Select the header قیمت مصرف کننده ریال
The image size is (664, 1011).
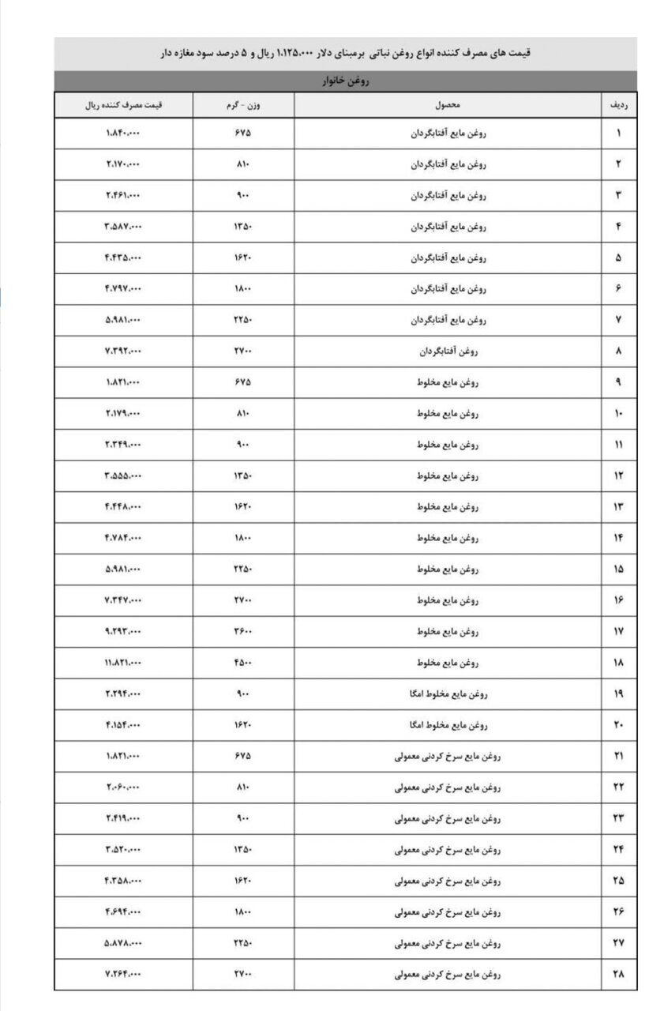123,105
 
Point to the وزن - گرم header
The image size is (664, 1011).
243,105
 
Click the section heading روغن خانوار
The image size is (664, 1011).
346,81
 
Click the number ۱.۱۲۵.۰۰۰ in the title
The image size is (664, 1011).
295,54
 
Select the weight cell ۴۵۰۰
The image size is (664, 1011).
243,663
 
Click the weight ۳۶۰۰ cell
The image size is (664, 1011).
243,632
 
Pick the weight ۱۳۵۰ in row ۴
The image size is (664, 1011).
243,227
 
